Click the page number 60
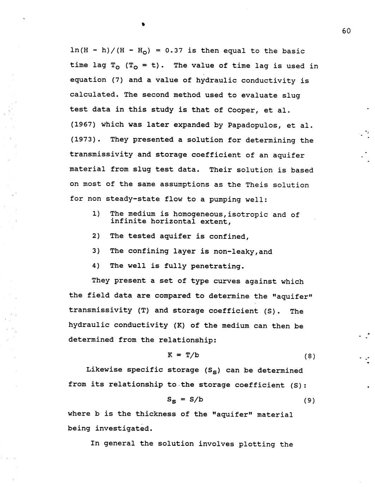(346, 31)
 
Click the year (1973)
(85, 139)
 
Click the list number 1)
(96, 214)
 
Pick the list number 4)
(96, 266)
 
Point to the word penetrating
(217, 266)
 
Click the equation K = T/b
(183, 355)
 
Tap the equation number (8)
(309, 356)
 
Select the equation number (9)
(309, 401)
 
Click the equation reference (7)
(117, 80)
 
